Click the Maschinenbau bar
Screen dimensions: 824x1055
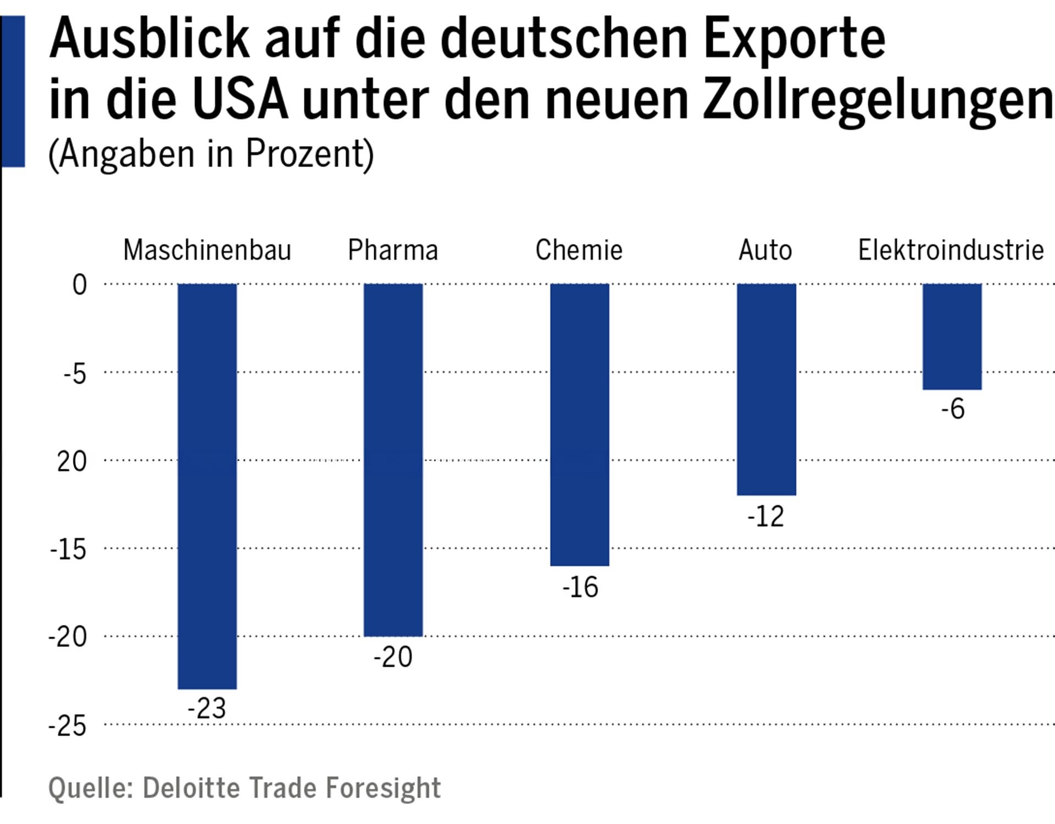click(207, 486)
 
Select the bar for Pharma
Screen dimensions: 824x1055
click(393, 460)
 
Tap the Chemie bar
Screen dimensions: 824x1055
click(580, 424)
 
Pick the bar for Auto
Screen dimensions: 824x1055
click(766, 389)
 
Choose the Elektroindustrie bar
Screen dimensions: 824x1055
click(952, 336)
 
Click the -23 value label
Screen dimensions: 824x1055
click(207, 708)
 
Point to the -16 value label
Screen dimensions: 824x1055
click(580, 587)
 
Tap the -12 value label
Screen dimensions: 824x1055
click(765, 516)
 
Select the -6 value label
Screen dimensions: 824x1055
click(952, 409)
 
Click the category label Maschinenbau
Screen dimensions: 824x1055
click(207, 250)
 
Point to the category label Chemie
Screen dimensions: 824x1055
click(579, 250)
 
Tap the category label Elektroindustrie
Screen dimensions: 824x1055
click(951, 250)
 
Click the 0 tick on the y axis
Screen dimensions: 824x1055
click(80, 285)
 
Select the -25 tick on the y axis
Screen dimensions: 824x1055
click(68, 726)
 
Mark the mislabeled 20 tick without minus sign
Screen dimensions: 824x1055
click(71, 461)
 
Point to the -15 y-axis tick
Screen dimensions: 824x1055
click(68, 549)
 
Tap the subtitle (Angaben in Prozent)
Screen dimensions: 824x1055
click(211, 154)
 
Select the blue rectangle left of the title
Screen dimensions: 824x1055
click(13, 91)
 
